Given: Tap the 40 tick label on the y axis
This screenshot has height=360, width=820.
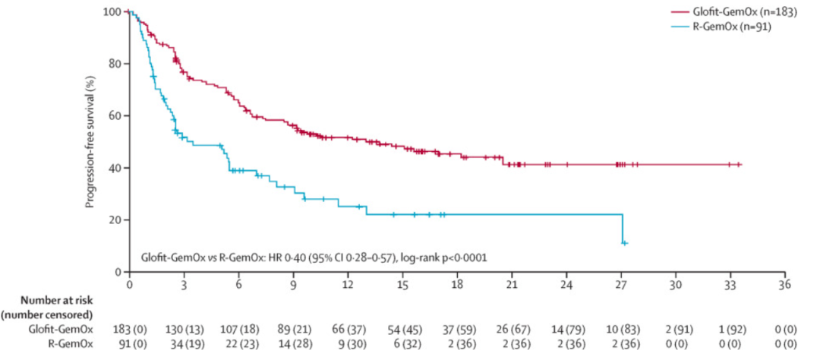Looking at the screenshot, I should click(115, 168).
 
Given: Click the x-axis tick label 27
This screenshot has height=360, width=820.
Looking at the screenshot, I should click(621, 284).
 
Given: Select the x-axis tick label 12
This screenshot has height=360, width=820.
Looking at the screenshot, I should click(348, 284).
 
